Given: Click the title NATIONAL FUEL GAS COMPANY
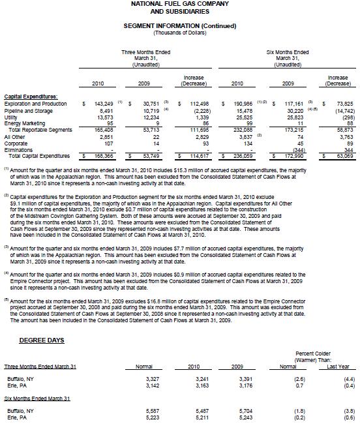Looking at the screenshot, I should click(x=179, y=5).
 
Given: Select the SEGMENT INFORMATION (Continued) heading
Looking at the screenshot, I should click(x=179, y=25).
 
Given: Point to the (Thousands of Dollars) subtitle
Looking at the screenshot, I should click(x=179, y=31).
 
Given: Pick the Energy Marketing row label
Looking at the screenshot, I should click(x=25, y=124).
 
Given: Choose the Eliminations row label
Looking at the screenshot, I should click(x=19, y=150).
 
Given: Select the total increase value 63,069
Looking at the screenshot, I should click(x=343, y=157).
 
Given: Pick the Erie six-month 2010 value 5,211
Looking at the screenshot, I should click(x=194, y=418).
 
